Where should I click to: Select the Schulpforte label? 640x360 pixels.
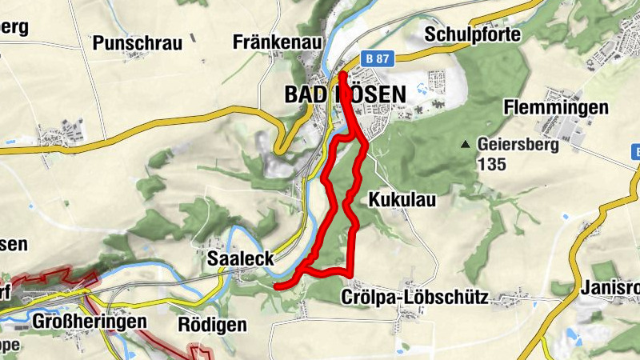pyautogui.click(x=473, y=34)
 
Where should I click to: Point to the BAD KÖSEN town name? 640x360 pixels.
pyautogui.click(x=345, y=94)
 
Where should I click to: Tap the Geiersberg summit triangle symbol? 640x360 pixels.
pyautogui.click(x=465, y=145)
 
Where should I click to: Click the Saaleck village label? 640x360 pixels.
pyautogui.click(x=241, y=258)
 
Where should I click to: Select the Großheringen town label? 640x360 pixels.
pyautogui.click(x=90, y=322)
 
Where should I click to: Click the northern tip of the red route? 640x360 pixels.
pyautogui.click(x=342, y=75)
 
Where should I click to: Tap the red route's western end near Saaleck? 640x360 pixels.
pyautogui.click(x=276, y=286)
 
